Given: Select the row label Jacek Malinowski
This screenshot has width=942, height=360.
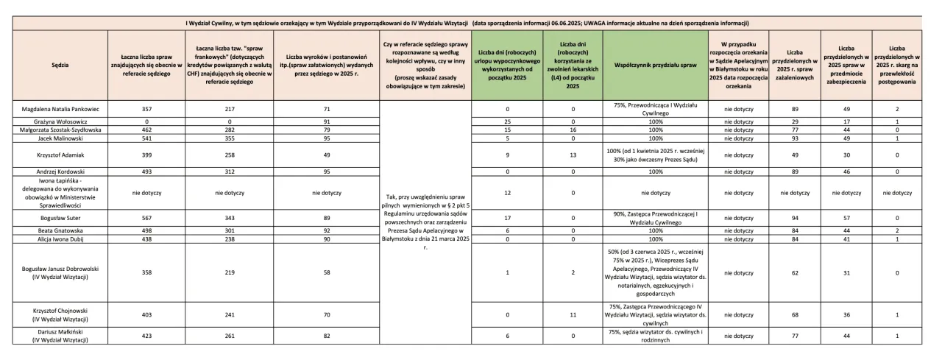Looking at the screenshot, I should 62,137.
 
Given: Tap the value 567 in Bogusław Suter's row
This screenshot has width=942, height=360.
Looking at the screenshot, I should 146,218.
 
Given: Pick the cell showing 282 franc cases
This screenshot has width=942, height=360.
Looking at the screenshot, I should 233,129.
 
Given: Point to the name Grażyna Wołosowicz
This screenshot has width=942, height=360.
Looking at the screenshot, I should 62,121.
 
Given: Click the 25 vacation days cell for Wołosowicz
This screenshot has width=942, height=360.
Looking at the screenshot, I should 508,121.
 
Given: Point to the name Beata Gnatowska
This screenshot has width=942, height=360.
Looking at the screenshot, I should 62,230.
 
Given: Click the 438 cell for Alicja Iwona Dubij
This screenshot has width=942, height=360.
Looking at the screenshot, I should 146,239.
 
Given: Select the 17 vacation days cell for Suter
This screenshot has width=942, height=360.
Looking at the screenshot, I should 508,218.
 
